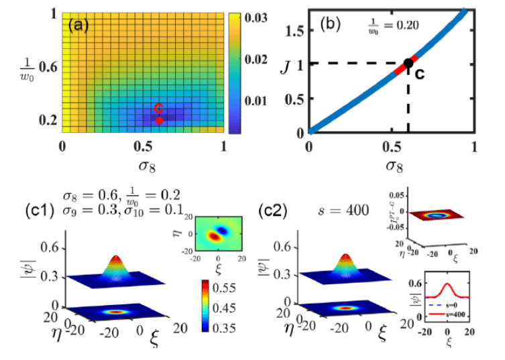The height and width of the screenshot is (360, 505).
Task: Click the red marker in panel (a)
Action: pyautogui.click(x=159, y=121)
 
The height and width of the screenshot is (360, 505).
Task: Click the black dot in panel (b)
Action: pyautogui.click(x=408, y=62)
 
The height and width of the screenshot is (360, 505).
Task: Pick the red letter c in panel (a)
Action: pyautogui.click(x=159, y=108)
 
